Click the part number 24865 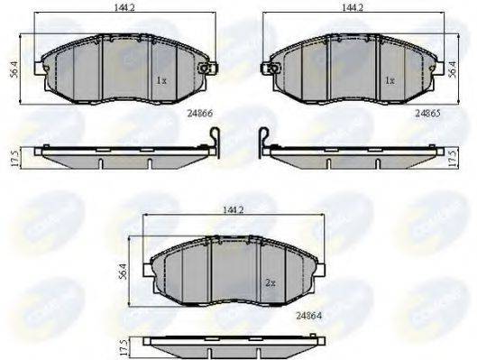[427, 115]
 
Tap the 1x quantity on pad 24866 [161, 80]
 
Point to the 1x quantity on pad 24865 [390, 80]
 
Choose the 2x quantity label [270, 282]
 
